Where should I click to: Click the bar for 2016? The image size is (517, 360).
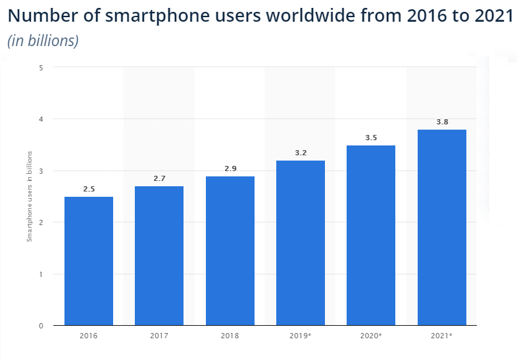point(88,261)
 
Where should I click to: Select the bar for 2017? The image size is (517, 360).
point(159,255)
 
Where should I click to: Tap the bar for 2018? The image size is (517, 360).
point(230,251)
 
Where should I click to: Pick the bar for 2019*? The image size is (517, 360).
point(301,243)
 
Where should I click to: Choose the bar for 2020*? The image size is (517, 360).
point(371,235)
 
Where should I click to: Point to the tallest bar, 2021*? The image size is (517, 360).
point(442,227)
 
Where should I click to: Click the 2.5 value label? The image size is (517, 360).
point(89,190)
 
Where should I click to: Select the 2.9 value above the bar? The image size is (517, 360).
point(230,168)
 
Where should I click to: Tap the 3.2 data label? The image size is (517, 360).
point(301,153)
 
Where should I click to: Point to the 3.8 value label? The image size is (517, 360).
point(442,122)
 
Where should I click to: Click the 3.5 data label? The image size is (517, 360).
point(371,138)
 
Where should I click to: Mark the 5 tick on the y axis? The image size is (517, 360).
point(41,67)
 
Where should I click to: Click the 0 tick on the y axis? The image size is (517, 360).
point(41,326)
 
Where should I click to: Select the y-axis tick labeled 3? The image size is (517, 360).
point(41,170)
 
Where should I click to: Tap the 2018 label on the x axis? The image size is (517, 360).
point(230,336)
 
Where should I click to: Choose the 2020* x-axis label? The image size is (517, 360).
point(371,336)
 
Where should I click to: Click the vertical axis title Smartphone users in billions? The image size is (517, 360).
point(29,196)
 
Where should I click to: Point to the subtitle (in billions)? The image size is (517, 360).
point(43,41)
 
